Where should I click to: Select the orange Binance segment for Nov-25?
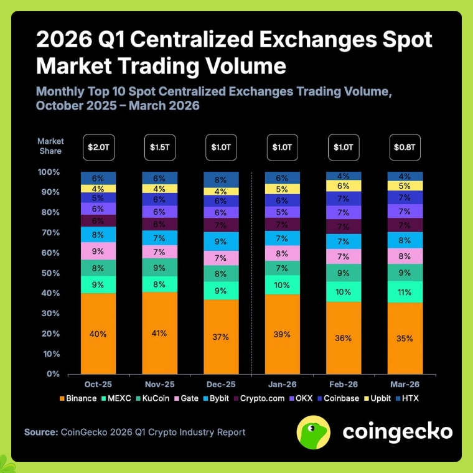159,333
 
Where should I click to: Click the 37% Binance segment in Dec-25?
221,337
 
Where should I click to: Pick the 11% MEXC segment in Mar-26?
405,291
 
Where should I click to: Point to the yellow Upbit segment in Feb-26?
344,185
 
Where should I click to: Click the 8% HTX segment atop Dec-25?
221,179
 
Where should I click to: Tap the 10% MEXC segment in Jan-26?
283,284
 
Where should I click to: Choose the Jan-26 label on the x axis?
283,385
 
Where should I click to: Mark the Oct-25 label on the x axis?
98,385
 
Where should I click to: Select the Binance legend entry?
78,398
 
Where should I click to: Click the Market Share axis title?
50,146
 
